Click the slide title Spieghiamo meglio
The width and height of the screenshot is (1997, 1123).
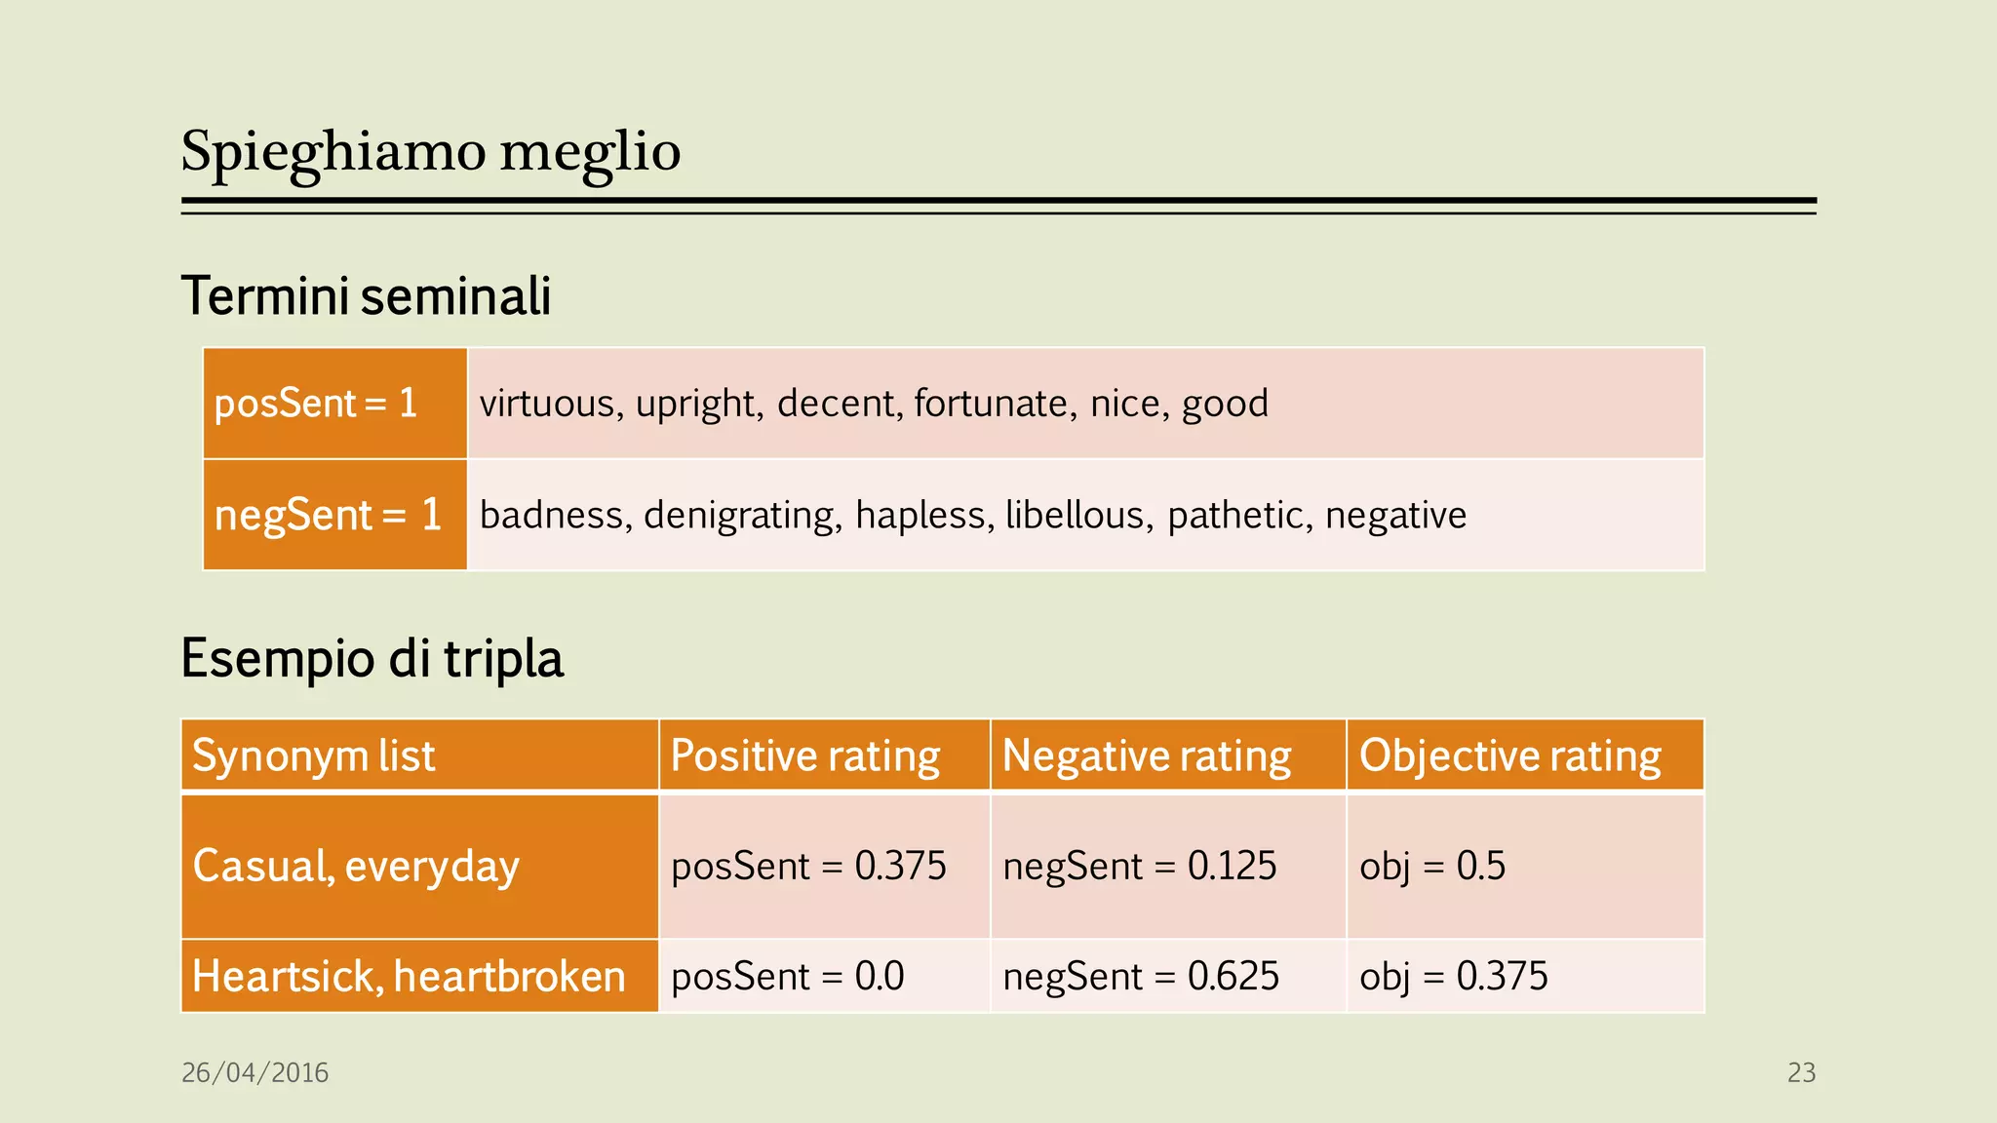pos(430,152)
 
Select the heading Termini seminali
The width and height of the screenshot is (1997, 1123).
pos(366,296)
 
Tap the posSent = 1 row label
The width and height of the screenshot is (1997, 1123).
pos(316,404)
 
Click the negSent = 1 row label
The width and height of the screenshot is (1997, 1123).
pos(328,515)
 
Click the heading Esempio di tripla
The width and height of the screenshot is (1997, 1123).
pos(372,659)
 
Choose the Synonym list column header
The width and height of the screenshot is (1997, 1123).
pos(313,755)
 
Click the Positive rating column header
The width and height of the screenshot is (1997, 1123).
pos(805,755)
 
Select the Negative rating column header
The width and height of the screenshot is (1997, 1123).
pos(1147,755)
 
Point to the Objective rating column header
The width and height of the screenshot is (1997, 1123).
pos(1510,755)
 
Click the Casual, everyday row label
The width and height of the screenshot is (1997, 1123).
pos(356,866)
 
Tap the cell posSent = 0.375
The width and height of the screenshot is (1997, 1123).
pos(808,866)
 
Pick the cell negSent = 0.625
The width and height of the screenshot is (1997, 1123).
pos(1141,976)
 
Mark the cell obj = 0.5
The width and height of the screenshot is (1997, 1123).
pos(1432,866)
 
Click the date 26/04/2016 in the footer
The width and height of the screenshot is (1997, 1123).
pos(255,1072)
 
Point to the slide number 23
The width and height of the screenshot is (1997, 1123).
pos(1801,1072)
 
